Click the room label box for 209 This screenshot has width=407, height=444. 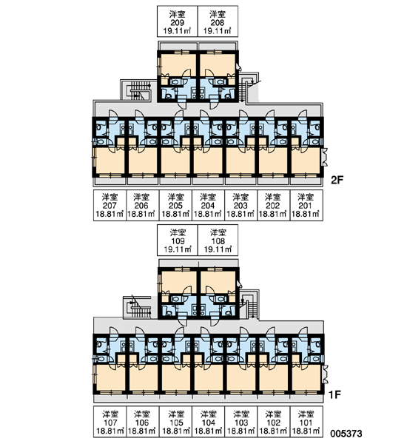[x=178, y=21]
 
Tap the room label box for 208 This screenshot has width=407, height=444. [x=218, y=21]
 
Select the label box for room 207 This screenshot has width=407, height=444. [x=110, y=205]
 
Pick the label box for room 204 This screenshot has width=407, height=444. [x=208, y=205]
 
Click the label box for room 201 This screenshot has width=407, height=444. [x=306, y=205]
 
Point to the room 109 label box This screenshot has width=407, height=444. [x=178, y=240]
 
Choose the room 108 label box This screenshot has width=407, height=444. [x=218, y=240]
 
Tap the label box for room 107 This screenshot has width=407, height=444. [x=110, y=422]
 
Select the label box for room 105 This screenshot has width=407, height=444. [x=175, y=422]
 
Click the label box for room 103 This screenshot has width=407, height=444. [x=241, y=422]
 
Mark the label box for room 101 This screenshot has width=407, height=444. [x=306, y=422]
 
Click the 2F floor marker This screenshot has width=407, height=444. [x=337, y=180]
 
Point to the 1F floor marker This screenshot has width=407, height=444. [x=334, y=394]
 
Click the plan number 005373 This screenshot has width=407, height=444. [x=346, y=433]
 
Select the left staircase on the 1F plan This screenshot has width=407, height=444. [x=137, y=307]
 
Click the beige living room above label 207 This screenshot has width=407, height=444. [x=110, y=160]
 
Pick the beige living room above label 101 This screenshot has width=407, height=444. [x=306, y=377]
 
